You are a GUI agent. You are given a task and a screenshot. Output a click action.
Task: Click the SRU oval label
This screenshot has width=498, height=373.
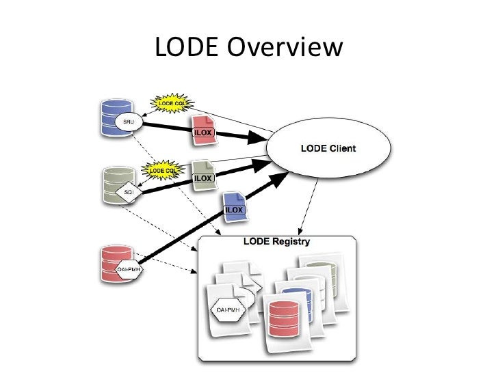(x=128, y=122)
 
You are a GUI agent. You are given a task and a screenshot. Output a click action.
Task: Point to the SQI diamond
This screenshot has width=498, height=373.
(x=128, y=192)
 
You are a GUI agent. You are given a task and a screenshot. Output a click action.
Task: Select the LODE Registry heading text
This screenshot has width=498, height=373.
(x=276, y=242)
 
